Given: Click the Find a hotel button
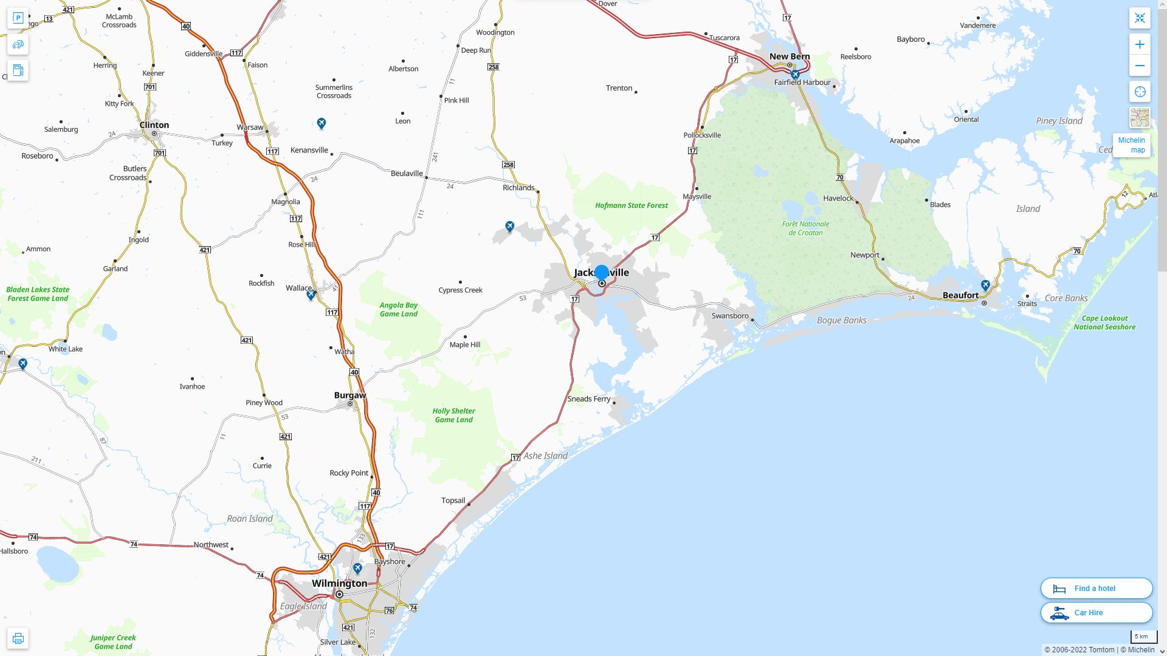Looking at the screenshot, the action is tap(1096, 589).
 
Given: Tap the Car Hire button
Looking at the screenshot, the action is tap(1096, 613).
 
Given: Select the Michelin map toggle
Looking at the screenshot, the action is tap(1131, 145).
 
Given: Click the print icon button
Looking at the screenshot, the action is tap(18, 638).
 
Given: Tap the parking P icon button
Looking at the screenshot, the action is tap(18, 18).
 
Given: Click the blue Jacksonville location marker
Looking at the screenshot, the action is tap(602, 273).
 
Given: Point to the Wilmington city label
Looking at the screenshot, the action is tap(339, 583).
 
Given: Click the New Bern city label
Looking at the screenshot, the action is tap(790, 56).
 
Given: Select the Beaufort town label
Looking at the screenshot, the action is tap(960, 295).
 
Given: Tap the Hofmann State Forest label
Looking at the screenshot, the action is tap(631, 205).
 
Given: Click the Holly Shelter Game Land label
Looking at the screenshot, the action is tap(453, 415).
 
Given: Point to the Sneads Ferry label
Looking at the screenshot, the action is tap(588, 399).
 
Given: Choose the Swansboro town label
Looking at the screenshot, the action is tap(729, 316).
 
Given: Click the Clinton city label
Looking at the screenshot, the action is tap(154, 125).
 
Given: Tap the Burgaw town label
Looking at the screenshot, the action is tap(350, 395).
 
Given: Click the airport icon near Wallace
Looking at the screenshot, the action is tap(311, 295).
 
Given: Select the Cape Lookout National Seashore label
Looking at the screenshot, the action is tap(1104, 323).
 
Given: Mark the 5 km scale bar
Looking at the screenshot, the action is tap(1143, 637).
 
